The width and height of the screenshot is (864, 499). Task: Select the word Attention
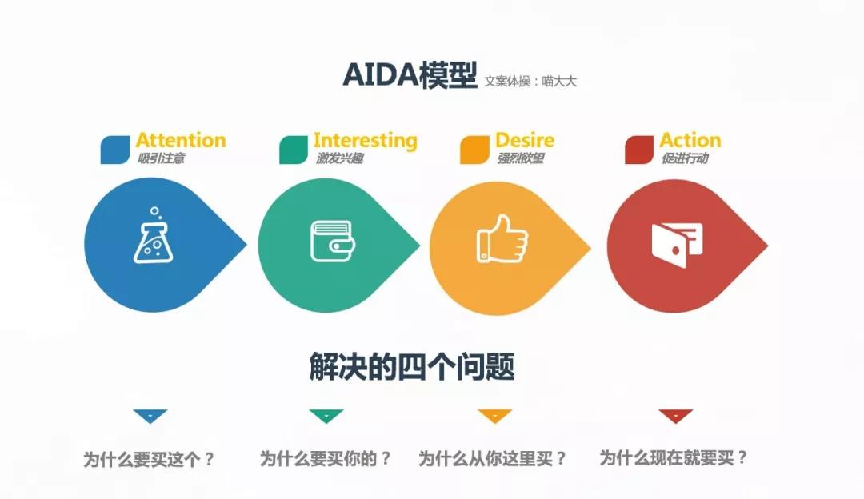tap(181, 141)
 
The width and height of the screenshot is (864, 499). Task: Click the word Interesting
tap(366, 141)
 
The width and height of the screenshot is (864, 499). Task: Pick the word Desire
tap(525, 141)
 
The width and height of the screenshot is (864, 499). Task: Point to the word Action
tap(690, 141)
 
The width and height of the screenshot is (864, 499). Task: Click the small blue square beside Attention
tap(115, 150)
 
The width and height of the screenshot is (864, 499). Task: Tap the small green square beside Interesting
tap(294, 150)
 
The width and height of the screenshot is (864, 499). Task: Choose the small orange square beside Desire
tap(474, 150)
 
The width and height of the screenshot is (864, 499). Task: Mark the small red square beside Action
tap(639, 150)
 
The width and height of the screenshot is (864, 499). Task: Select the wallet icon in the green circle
tap(330, 241)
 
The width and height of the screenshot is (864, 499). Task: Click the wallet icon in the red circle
tap(677, 243)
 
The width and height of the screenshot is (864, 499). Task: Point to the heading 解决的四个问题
tap(411, 367)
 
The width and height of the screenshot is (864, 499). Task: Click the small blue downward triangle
tap(150, 416)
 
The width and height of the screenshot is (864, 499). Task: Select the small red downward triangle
tap(675, 416)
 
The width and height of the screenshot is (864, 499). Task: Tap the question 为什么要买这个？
tap(150, 460)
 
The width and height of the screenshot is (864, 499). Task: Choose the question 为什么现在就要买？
tap(674, 458)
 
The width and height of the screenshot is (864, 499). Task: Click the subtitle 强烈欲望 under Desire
tap(520, 158)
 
